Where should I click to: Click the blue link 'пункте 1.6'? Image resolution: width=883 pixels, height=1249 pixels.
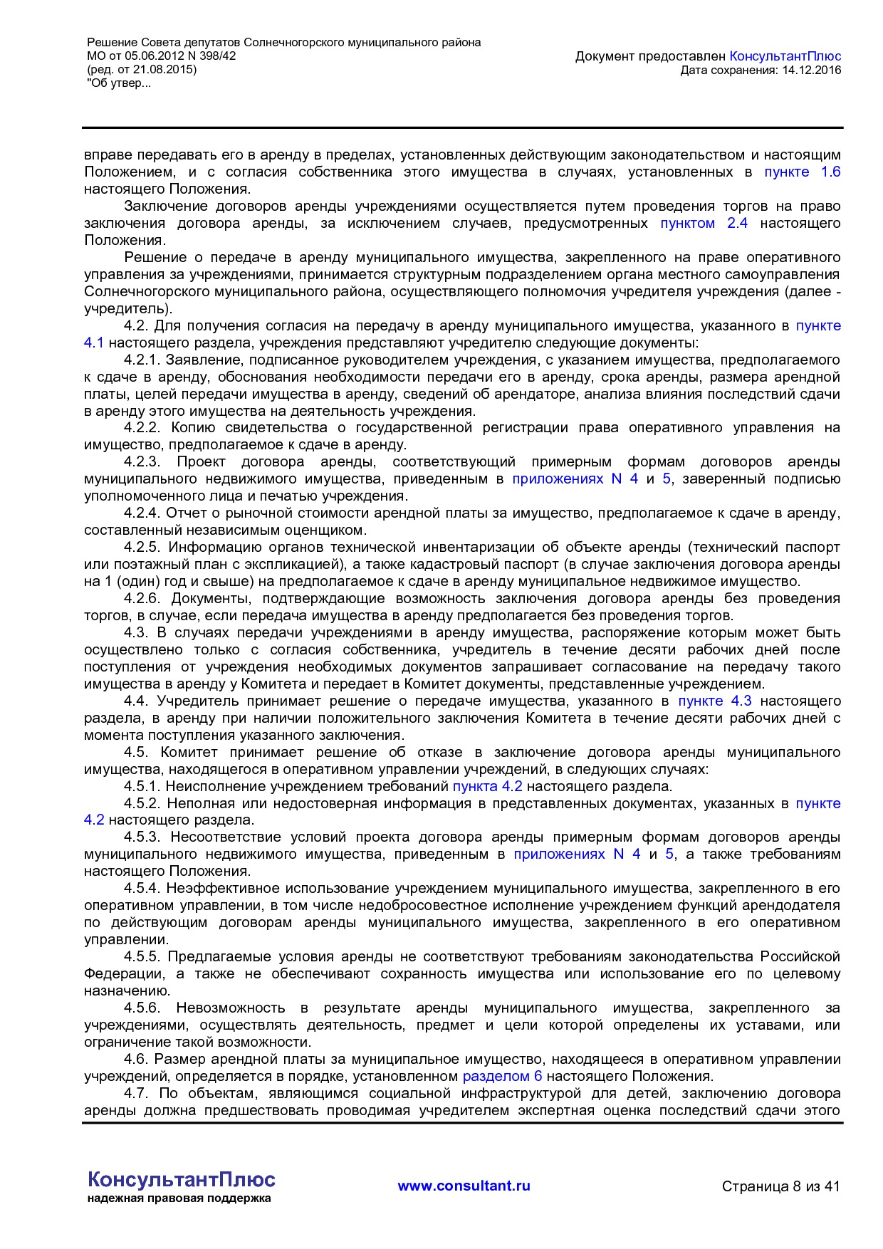[802, 172]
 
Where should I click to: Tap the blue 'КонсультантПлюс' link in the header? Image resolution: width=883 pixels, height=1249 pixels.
[785, 56]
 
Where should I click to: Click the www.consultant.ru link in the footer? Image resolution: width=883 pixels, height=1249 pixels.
[464, 1186]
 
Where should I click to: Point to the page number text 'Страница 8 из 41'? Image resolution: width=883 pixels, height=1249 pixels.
[780, 1186]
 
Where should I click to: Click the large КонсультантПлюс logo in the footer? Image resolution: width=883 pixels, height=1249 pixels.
[181, 1179]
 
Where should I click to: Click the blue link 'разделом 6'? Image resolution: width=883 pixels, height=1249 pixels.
[502, 1076]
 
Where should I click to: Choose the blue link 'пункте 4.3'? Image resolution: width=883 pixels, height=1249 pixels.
[714, 701]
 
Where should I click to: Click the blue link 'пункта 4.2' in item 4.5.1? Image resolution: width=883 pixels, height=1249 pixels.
[487, 786]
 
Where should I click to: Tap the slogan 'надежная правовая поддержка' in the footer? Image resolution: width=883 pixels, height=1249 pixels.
[179, 1198]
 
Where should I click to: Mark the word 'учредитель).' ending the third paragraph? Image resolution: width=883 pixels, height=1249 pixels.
[128, 308]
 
